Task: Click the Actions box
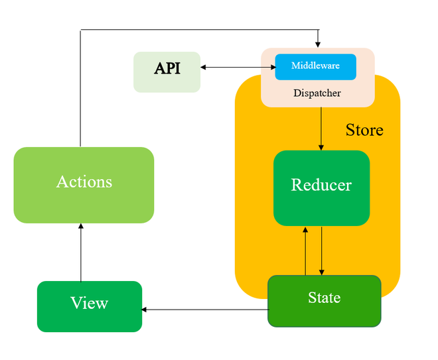point(84,184)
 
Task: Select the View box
point(89,306)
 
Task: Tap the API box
point(167,72)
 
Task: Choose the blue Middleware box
point(315,66)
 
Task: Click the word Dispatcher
point(317,93)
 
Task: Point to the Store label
point(364,129)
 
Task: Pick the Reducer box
point(321,188)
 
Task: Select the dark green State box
point(324,300)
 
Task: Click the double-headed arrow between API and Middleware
point(238,67)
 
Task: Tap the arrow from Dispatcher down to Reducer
point(321,128)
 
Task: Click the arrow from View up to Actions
point(81,252)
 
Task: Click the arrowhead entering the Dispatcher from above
point(318,44)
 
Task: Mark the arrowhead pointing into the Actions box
point(81,227)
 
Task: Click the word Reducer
point(321,185)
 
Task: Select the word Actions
point(84,182)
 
